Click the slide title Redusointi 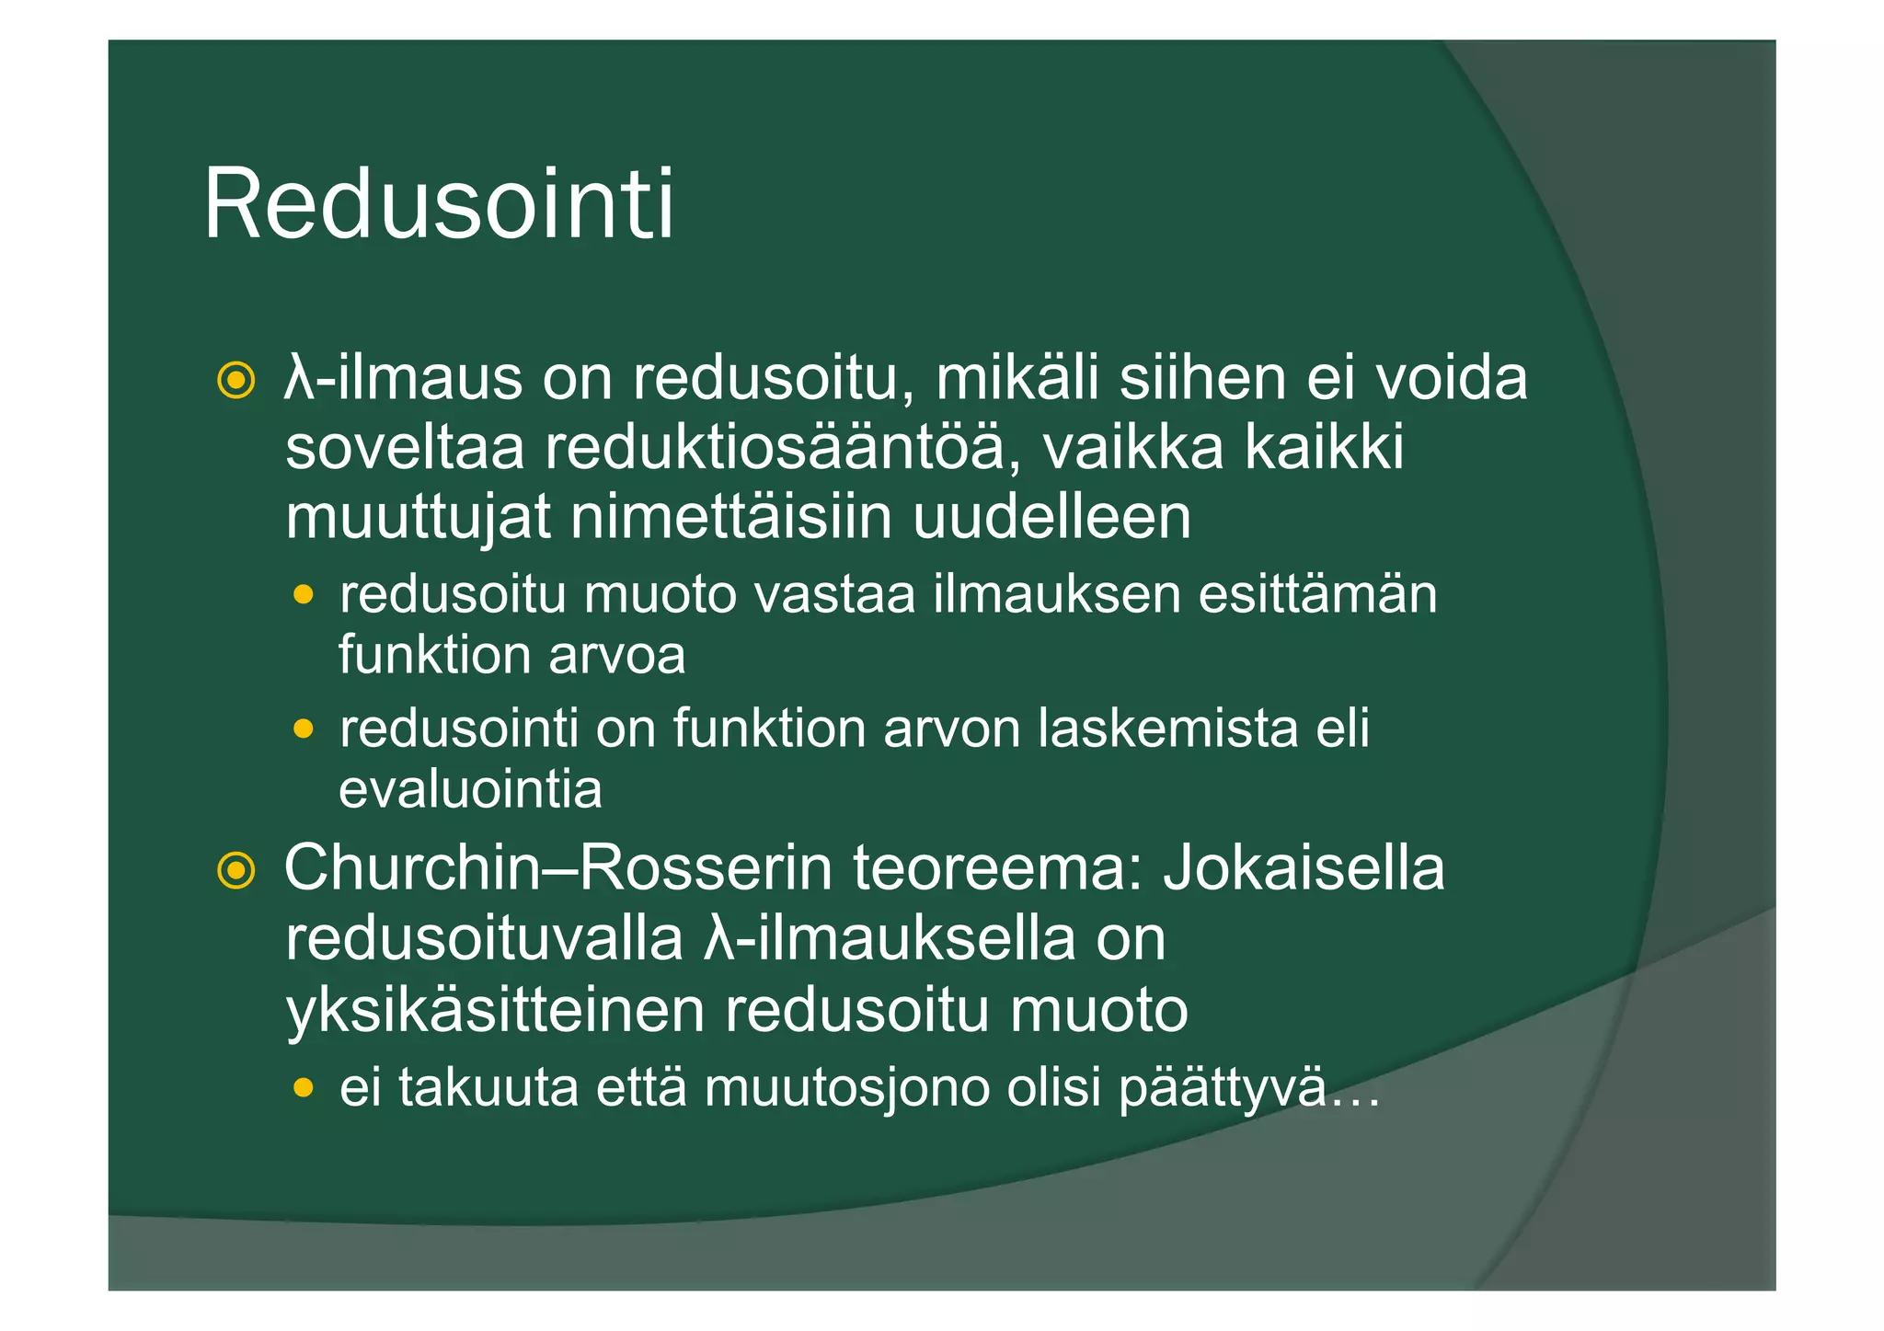439,204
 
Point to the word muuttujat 418,517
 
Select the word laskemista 1167,729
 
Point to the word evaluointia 470,789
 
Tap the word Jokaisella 1304,868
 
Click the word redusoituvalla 485,939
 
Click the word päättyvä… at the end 1249,1088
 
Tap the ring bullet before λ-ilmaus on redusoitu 235,380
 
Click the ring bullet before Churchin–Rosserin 235,870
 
